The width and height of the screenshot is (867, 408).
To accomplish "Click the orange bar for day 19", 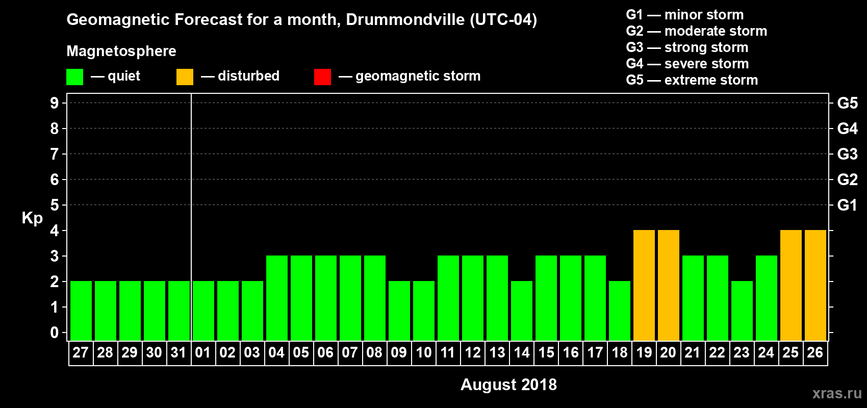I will [x=644, y=285].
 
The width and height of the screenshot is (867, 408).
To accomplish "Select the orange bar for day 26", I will [x=815, y=285].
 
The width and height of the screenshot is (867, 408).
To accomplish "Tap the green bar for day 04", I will [x=276, y=298].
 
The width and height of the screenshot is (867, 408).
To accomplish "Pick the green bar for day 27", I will [x=81, y=311].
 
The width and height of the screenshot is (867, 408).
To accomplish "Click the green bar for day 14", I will [x=521, y=311].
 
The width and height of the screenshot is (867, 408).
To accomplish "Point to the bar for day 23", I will [x=742, y=311].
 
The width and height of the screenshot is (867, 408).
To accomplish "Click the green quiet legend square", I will [x=74, y=77].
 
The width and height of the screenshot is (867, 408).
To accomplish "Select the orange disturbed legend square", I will [x=185, y=77].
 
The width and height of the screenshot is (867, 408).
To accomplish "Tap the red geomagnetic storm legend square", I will [x=322, y=77].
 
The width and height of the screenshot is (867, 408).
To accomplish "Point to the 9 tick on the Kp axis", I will [x=55, y=103].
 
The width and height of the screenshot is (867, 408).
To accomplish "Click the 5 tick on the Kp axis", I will [x=55, y=205].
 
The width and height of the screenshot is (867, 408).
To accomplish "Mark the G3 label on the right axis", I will [x=847, y=154].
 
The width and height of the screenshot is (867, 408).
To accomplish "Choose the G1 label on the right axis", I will [x=847, y=205].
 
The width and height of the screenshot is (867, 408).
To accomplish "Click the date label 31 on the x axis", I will [x=178, y=352].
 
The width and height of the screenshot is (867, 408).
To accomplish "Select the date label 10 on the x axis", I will [x=423, y=352].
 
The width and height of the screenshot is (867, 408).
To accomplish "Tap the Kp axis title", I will [x=32, y=218].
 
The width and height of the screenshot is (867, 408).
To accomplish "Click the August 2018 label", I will [x=508, y=385].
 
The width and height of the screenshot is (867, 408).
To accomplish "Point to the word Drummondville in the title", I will [x=405, y=20].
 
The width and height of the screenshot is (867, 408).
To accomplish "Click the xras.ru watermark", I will [x=837, y=393].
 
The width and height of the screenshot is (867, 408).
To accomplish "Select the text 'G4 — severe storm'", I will [x=687, y=64].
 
